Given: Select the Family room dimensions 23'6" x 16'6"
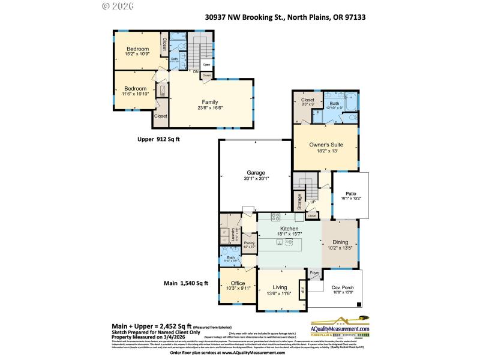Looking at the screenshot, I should coord(209,109).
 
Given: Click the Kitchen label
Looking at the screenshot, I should coord(289,229).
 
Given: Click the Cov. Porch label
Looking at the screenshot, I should coord(343,288).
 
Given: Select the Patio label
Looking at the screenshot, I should coord(351,193).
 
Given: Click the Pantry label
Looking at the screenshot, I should coord(250,243).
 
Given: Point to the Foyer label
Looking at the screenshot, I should coord(314,272).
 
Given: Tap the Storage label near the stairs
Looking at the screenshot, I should coord(299,200).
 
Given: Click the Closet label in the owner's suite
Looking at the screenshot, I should coord(307,100).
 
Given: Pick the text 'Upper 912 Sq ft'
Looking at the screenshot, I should coord(158,139).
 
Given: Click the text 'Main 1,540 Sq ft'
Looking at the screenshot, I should coord(186,283).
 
